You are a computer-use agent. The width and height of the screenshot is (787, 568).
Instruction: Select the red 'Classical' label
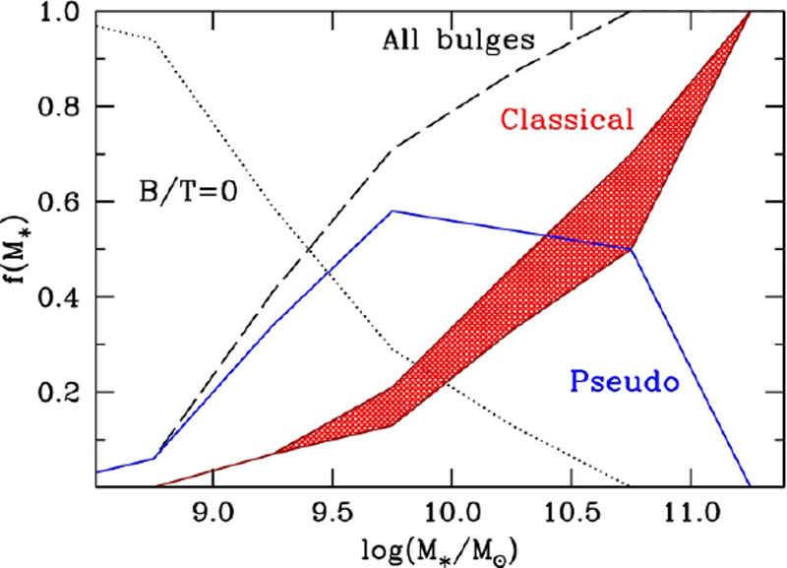565,120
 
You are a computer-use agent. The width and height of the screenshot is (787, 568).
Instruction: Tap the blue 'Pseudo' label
625,381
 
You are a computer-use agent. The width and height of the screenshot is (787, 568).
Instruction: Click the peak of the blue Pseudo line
392,211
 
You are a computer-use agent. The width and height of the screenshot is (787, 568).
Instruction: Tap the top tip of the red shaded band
750,12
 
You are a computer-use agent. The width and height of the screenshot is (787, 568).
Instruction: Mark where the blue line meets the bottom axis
750,485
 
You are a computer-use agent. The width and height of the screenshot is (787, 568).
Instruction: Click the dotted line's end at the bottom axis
628,485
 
